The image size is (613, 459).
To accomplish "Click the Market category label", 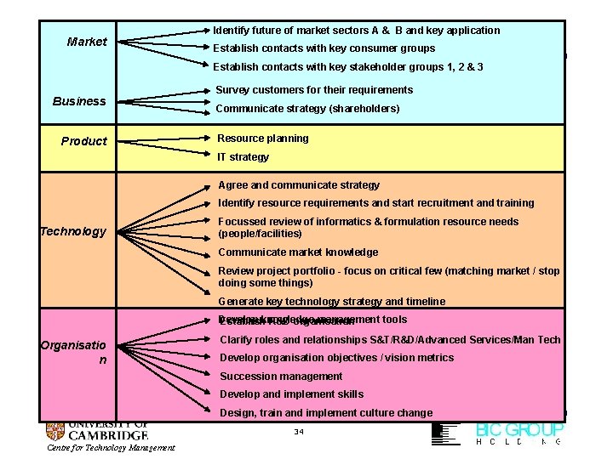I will pos(87,42).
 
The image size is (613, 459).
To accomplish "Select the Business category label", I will pos(79,101).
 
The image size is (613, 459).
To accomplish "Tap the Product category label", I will pos(84,141).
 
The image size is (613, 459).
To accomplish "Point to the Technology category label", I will pos(73,231).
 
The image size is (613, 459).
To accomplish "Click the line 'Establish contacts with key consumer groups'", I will pos(324,48).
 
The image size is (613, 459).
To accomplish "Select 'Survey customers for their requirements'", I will pos(314,90).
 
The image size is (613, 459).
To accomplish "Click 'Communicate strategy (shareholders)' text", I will pos(307,109).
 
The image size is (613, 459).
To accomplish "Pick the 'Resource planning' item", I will pos(263,139).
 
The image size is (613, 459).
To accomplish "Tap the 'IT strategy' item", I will pos(243,157).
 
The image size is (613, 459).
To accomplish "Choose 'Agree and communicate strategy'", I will pos(299,185).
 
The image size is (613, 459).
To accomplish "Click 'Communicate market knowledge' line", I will pos(298,252).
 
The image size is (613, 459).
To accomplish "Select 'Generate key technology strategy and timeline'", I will pos(331,302).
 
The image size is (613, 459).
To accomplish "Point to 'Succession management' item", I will pos(281,377).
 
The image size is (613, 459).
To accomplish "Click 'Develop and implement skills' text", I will pos(291,394).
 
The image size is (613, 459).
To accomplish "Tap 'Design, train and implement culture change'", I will pos(326,413).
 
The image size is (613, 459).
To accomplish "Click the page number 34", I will pos(298,431).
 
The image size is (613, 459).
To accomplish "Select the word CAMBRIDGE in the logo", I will pos(109,435).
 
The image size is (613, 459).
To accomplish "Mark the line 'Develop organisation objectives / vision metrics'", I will pos(336,358).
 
